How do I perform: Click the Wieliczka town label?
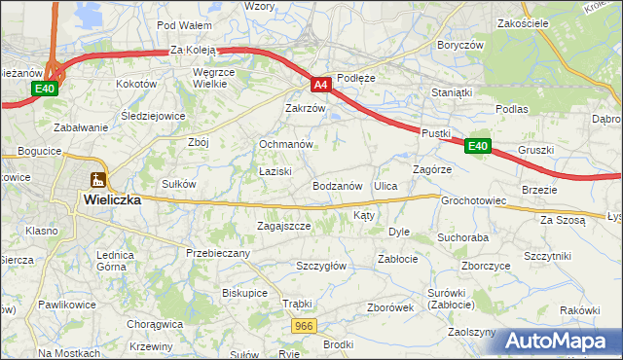point(112,199)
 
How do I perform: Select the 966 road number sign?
point(304,327)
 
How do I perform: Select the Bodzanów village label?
point(338,186)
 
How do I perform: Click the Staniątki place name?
point(452,93)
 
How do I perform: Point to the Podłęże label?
point(355,77)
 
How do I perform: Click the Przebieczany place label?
point(218,253)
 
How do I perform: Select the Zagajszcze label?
point(283,226)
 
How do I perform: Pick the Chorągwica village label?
point(155,323)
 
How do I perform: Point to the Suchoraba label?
point(462,236)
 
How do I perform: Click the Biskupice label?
point(244,292)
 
